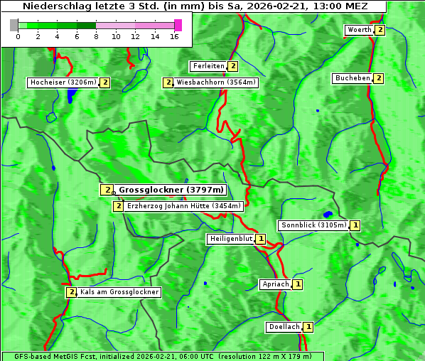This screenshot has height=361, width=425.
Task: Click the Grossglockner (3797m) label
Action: (x=171, y=190)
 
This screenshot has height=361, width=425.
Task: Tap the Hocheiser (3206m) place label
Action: (x=63, y=82)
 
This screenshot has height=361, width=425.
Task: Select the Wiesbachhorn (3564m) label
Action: (x=216, y=82)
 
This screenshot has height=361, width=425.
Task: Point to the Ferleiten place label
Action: (x=208, y=66)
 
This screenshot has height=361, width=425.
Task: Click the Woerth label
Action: (x=358, y=30)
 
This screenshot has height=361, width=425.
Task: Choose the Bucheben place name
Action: (x=353, y=77)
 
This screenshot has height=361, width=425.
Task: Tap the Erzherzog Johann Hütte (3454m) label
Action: (x=184, y=206)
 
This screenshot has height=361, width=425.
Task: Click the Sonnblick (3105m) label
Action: (x=313, y=225)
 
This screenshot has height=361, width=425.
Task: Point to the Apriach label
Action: (x=276, y=284)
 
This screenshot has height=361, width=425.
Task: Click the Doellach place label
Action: (x=284, y=327)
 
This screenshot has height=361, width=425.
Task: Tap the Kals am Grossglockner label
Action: (x=119, y=292)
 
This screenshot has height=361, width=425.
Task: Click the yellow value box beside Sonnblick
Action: (x=355, y=225)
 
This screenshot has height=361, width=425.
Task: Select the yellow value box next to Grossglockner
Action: (x=106, y=190)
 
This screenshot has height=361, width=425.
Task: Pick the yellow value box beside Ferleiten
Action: (x=233, y=66)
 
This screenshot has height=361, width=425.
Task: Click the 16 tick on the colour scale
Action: (x=174, y=36)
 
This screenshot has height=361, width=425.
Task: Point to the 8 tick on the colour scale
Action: (x=96, y=36)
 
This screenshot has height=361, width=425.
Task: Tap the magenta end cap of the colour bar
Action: (x=178, y=25)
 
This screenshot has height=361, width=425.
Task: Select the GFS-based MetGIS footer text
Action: (x=163, y=356)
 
